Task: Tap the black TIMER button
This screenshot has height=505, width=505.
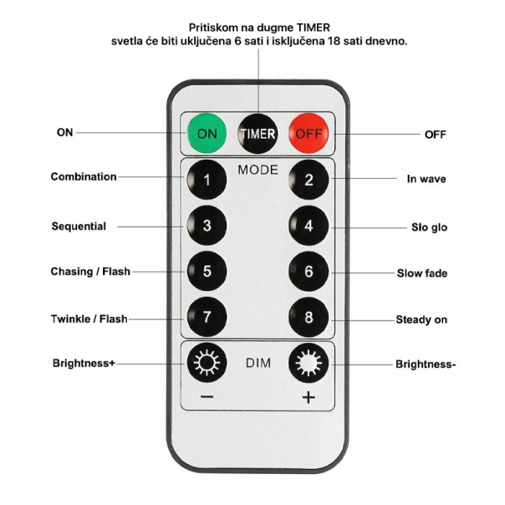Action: click(x=258, y=133)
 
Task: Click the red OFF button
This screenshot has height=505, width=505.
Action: click(x=309, y=133)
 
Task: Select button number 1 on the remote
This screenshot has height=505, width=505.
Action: click(x=206, y=178)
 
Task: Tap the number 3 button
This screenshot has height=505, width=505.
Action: click(x=206, y=225)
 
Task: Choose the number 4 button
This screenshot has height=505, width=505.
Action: click(x=309, y=225)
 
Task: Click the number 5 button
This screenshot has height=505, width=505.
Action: click(x=206, y=271)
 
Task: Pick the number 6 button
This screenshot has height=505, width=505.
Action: click(x=309, y=271)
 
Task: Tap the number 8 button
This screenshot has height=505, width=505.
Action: click(x=309, y=318)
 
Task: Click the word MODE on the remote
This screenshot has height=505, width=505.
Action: click(x=258, y=170)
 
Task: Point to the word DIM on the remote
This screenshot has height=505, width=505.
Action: click(x=258, y=364)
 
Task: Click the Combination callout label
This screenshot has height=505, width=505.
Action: click(x=84, y=177)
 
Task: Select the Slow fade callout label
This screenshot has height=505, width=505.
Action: click(x=421, y=273)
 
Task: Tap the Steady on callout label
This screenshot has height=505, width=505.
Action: click(x=421, y=320)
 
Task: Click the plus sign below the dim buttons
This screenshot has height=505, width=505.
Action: click(x=309, y=397)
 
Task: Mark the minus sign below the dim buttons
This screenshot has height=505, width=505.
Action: click(x=207, y=397)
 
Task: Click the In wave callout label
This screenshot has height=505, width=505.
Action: click(x=426, y=179)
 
